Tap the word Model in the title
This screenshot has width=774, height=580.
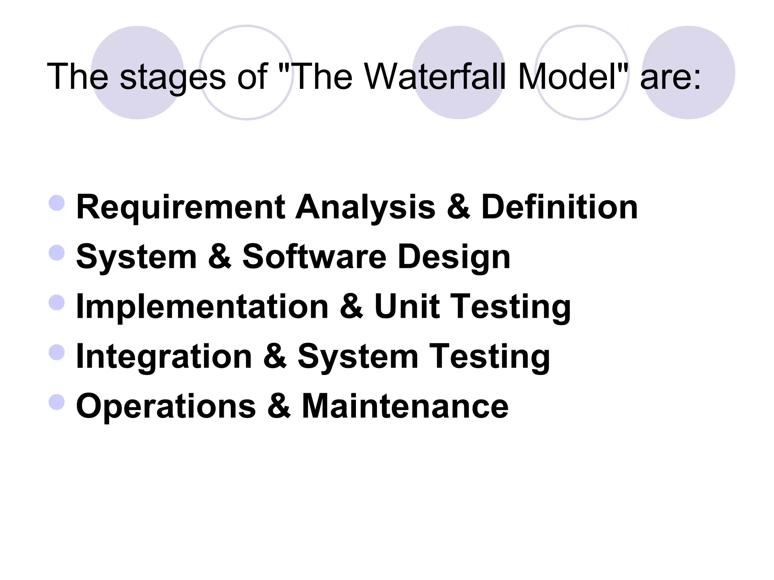567,77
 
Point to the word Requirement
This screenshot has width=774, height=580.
181,207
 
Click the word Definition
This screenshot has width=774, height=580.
559,207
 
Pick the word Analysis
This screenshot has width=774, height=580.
365,207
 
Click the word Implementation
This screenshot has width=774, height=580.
202,307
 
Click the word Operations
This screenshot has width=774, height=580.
166,406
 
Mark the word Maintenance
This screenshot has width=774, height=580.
405,406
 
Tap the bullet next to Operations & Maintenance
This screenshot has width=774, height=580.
57,402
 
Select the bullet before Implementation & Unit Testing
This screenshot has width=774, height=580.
57,302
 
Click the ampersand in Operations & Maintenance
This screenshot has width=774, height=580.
279,406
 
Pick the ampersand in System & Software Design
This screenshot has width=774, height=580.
219,257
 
